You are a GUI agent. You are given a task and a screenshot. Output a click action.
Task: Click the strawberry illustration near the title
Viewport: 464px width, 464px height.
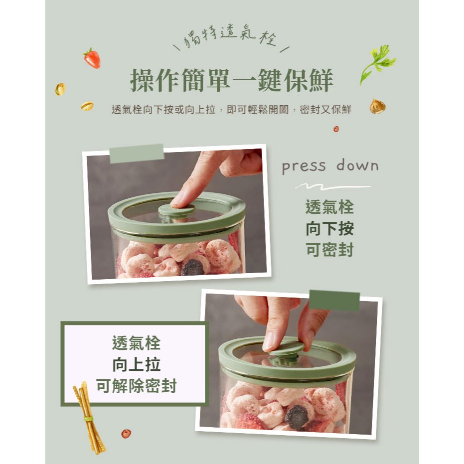(92, 58)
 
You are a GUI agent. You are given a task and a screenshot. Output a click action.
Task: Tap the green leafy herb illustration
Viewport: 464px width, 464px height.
(377, 64)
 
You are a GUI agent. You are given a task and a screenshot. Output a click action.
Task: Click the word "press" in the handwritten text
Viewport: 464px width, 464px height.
(304, 167)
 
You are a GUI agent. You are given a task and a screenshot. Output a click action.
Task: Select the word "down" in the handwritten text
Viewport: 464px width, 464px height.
(357, 165)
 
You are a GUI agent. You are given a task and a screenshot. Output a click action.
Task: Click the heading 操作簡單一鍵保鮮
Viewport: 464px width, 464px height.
(232, 80)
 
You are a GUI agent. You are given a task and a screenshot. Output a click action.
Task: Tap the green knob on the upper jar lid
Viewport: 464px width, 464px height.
(176, 210)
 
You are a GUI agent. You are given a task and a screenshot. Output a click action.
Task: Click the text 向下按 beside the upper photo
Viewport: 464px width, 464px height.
(329, 229)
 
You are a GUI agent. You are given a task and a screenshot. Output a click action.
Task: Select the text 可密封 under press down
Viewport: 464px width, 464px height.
(329, 250)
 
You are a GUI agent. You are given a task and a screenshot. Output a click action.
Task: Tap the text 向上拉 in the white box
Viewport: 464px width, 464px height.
(136, 364)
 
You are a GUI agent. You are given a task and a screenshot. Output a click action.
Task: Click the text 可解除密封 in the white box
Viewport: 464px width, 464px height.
(136, 386)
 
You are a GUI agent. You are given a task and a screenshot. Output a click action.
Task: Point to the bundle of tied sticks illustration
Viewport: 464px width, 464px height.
(89, 418)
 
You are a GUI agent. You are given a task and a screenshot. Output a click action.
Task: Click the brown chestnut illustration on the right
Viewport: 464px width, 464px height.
(377, 106)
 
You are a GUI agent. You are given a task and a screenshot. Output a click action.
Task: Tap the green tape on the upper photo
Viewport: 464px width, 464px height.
(137, 154)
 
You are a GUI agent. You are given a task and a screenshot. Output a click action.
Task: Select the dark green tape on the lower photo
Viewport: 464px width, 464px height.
(334, 301)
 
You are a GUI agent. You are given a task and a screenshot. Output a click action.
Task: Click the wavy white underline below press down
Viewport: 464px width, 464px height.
(332, 186)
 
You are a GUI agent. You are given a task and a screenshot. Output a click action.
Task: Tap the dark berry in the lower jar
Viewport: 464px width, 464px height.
(297, 417)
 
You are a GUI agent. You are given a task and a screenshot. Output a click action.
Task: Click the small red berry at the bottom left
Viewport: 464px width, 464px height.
(126, 434)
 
